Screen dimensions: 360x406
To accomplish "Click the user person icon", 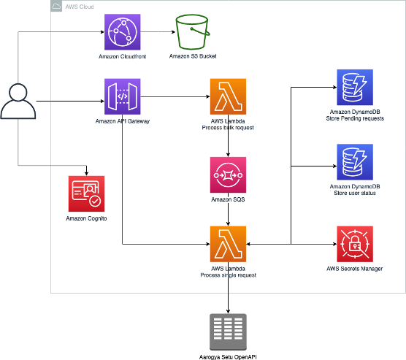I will click(x=18, y=102).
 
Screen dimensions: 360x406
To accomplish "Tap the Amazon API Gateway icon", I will click(x=123, y=97).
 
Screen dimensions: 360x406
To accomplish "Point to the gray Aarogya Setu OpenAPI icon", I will click(x=228, y=332).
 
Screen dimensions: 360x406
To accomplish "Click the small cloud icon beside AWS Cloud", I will click(x=57, y=6).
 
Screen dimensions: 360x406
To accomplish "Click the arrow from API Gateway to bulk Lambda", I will click(x=175, y=97).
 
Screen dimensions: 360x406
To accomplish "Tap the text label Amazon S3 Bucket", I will click(x=192, y=56).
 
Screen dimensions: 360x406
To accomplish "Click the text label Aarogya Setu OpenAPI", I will click(x=228, y=356).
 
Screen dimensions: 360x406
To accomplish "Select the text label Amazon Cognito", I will click(x=87, y=218).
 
